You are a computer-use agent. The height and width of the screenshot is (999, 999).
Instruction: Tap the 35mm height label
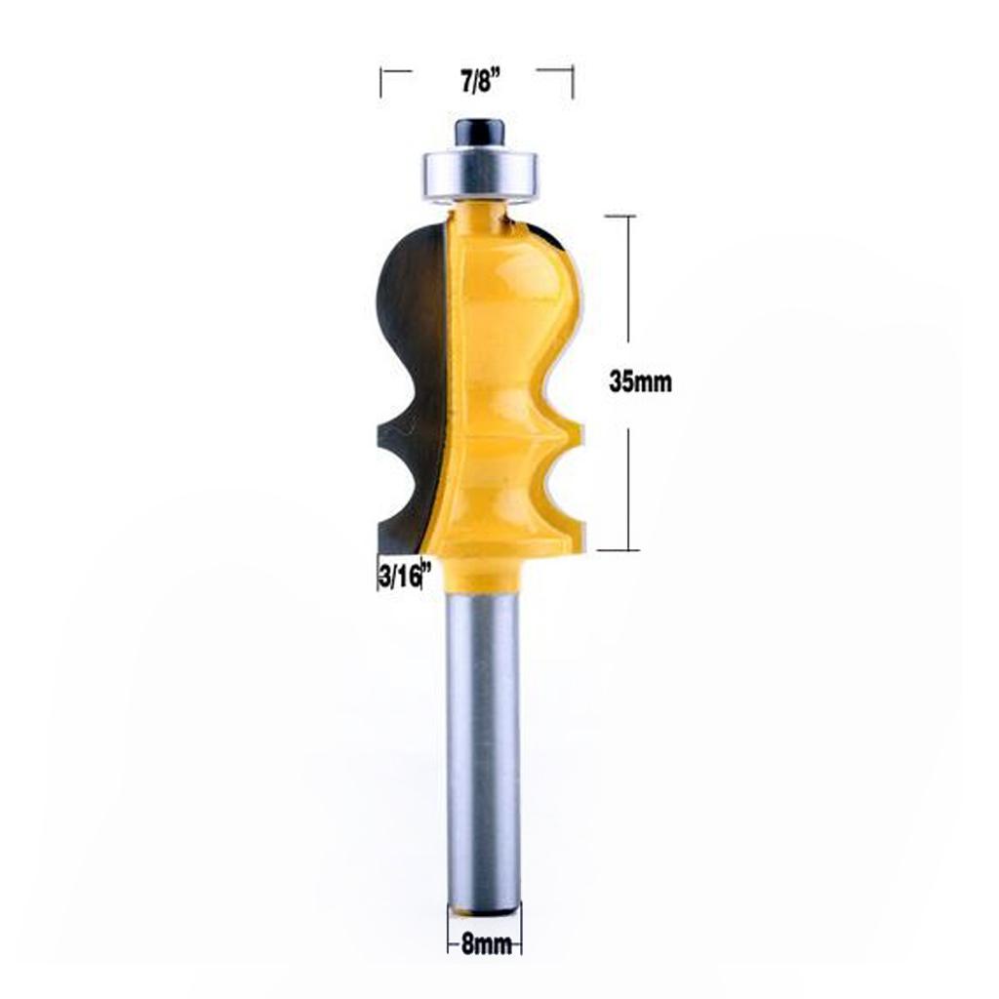click(x=640, y=382)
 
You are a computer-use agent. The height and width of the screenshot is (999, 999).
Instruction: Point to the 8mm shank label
click(x=485, y=944)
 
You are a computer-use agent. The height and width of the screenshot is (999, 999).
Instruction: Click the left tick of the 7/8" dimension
click(x=382, y=83)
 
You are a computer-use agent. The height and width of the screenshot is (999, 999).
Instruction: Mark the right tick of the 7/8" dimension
click(x=573, y=83)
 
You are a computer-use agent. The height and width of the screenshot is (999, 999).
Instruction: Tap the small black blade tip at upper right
click(x=546, y=234)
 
